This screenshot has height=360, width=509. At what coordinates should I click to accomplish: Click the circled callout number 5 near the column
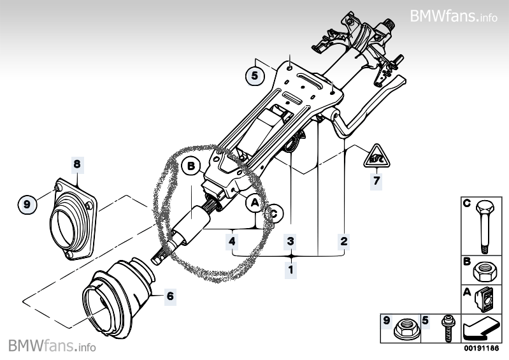click(255, 75)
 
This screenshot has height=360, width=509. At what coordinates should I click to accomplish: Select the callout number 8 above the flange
click(77, 164)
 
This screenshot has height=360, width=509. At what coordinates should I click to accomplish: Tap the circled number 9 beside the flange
click(27, 204)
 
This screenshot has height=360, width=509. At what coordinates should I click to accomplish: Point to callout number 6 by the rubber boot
click(170, 295)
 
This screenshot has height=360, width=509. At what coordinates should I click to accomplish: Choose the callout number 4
click(233, 241)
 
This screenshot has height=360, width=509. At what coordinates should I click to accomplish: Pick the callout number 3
click(290, 241)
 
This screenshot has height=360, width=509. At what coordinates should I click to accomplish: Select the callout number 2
click(344, 241)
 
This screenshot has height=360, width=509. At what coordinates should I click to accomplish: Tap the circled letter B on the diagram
click(190, 167)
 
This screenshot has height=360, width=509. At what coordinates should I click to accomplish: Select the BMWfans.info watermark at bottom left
click(52, 347)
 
